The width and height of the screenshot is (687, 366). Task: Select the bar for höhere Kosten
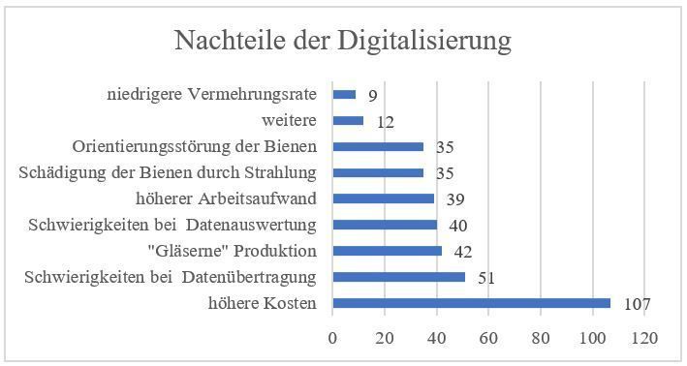tap(471, 303)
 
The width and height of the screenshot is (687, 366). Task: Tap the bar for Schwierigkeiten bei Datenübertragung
tap(398, 277)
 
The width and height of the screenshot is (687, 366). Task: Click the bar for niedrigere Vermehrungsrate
tap(344, 95)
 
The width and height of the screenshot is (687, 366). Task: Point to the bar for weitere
tap(348, 121)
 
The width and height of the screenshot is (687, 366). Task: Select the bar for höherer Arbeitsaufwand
tap(383, 198)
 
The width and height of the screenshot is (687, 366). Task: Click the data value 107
tap(636, 304)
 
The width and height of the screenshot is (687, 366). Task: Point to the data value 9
tap(372, 96)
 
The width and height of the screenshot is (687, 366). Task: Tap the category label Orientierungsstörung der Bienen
tap(198, 147)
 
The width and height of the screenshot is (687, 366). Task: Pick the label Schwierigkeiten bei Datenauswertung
tap(173, 226)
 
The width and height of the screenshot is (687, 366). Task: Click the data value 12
tap(385, 122)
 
